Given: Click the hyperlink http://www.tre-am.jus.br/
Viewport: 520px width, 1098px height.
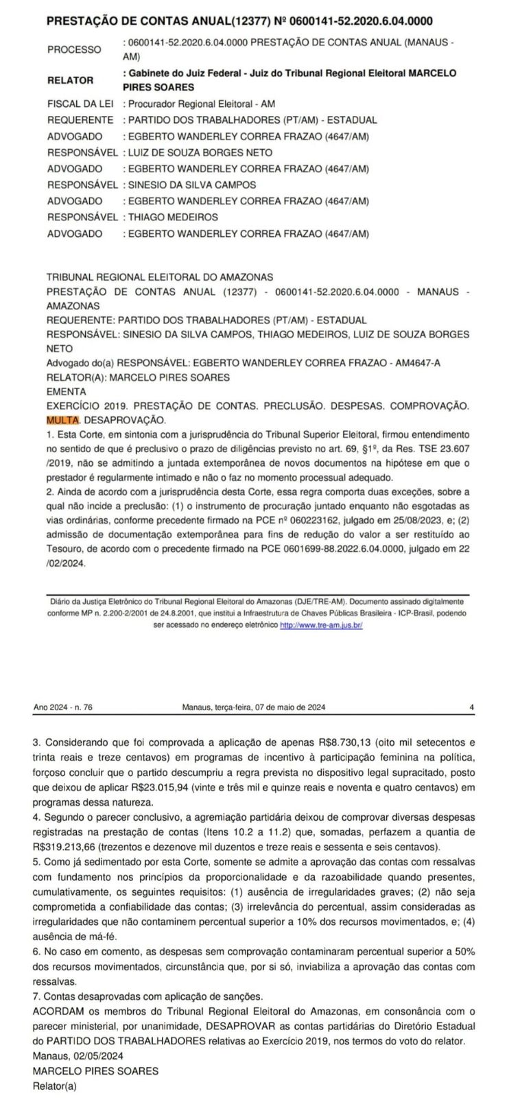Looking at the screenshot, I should click(x=321, y=626).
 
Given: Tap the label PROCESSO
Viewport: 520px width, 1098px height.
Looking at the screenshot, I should click(x=74, y=49).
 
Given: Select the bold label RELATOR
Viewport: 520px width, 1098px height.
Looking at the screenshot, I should click(x=70, y=80).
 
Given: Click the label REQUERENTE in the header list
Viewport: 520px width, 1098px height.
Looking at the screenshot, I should click(x=80, y=120).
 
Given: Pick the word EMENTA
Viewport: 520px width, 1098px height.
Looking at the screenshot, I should click(x=67, y=391).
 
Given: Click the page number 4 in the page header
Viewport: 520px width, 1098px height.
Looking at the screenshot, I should click(x=471, y=707).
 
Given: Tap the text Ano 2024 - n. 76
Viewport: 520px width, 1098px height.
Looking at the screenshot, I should click(x=62, y=707).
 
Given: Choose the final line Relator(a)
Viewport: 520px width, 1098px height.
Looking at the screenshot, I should click(x=55, y=1086).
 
